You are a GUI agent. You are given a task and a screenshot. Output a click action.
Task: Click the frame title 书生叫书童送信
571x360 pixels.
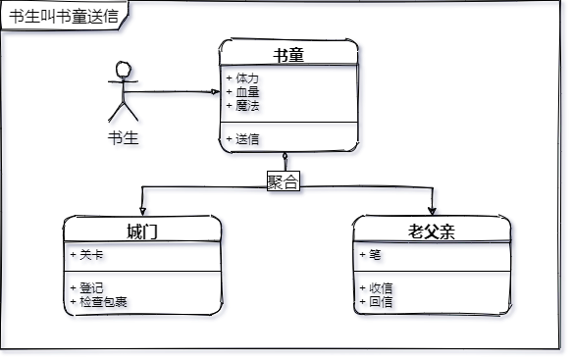click(x=64, y=17)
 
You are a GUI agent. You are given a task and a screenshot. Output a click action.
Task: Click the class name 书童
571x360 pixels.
click(x=288, y=55)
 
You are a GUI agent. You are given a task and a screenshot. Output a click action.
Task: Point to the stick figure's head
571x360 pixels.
click(x=124, y=69)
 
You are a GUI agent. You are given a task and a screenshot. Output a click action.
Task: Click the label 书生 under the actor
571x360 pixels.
click(x=123, y=138)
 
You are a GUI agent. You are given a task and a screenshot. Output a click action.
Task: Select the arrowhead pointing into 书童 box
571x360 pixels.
click(x=216, y=92)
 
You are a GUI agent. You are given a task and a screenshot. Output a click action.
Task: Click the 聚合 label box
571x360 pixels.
click(x=284, y=180)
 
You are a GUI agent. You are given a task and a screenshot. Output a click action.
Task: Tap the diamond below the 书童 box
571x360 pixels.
click(x=285, y=157)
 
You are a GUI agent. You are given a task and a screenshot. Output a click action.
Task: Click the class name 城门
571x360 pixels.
click(x=142, y=231)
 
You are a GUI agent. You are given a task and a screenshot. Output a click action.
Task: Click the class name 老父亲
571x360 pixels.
click(x=432, y=231)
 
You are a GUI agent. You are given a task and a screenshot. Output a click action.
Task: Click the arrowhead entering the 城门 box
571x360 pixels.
click(x=142, y=212)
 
